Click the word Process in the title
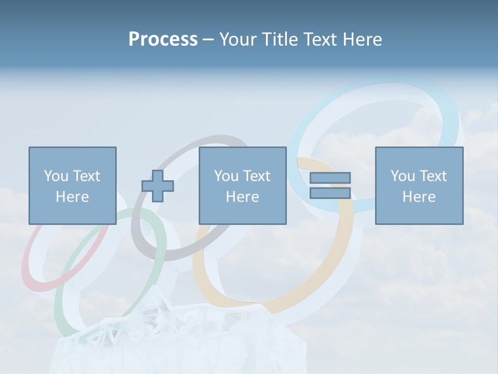163,39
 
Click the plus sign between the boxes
158,185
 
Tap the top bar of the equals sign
330,178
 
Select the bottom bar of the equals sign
330,193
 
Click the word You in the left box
56,176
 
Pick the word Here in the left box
72,197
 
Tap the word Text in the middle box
256,176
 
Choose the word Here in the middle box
242,197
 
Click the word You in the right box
403,176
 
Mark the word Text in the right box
433,176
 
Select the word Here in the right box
419,197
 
